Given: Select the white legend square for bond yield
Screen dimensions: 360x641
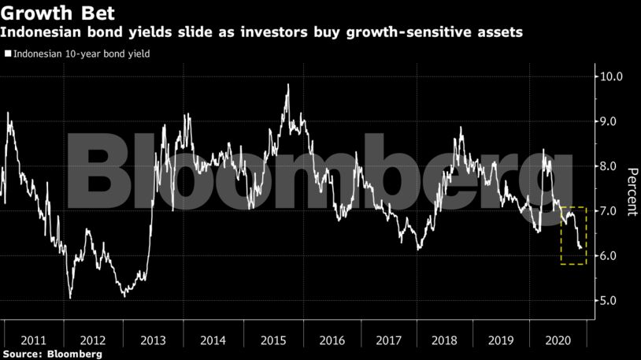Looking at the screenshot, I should pyautogui.click(x=7, y=54).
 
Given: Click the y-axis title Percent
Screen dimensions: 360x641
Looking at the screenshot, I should pyautogui.click(x=632, y=191).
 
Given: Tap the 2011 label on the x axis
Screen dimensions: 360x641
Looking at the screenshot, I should pyautogui.click(x=34, y=340).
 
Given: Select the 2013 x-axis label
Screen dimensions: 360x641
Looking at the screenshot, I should pyautogui.click(x=152, y=340).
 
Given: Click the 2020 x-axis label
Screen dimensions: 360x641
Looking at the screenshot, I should pyautogui.click(x=558, y=340).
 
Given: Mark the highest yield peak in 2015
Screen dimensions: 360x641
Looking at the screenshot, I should pyautogui.click(x=287, y=85).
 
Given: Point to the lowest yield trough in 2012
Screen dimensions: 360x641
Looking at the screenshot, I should pyautogui.click(x=70, y=298).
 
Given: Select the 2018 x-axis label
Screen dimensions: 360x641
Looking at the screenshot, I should pyautogui.click(x=446, y=340).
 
